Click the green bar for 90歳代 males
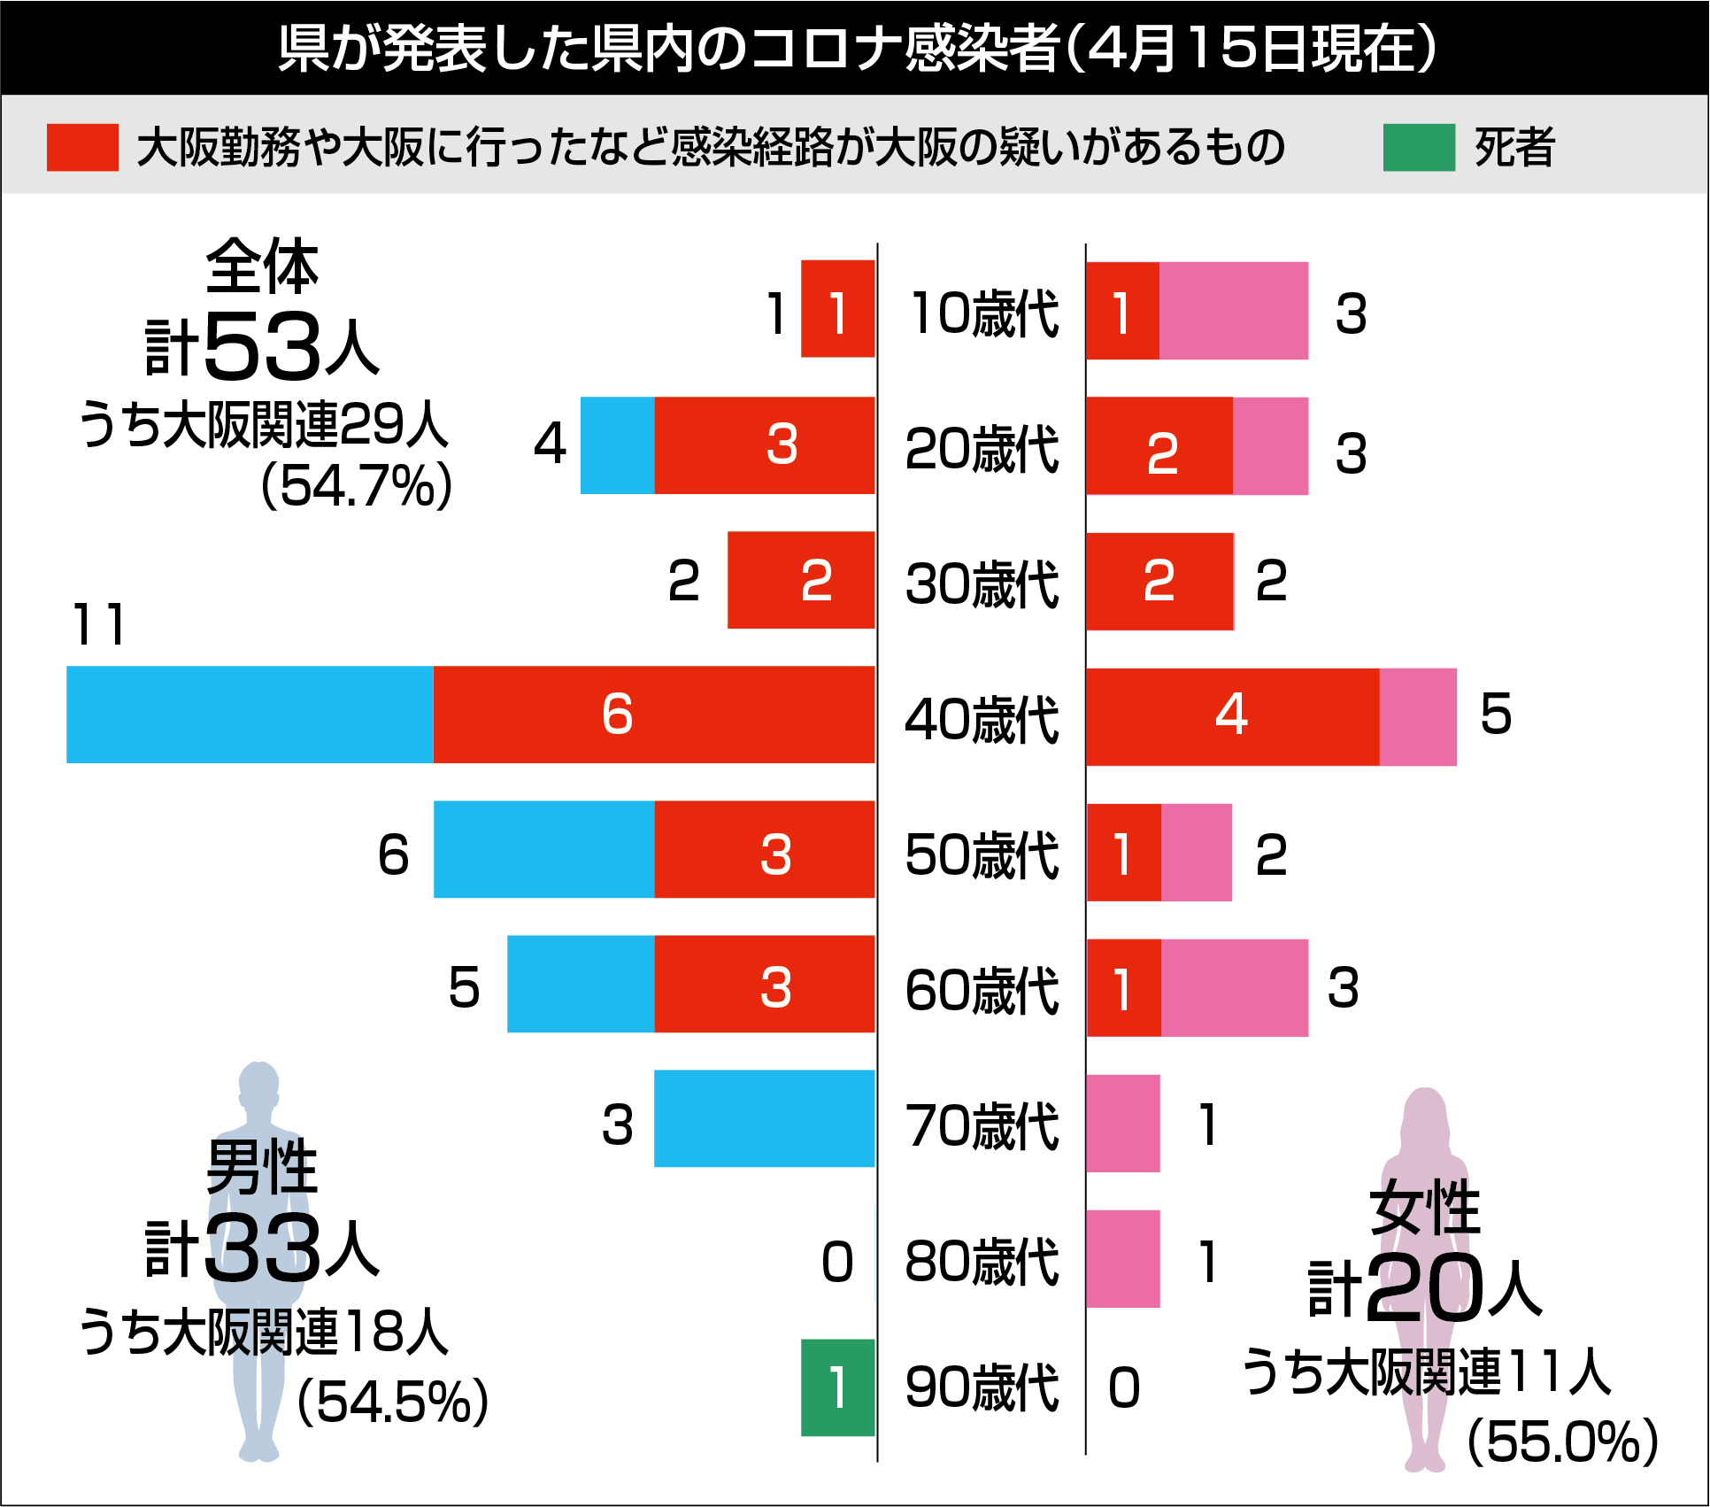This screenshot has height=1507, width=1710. (837, 1387)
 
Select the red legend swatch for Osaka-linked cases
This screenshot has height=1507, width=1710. (82, 147)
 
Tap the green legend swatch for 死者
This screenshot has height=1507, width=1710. (1419, 147)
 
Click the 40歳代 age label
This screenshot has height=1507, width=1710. (982, 719)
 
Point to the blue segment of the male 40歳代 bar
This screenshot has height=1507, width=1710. (250, 715)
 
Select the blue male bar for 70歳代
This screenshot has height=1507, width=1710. (764, 1118)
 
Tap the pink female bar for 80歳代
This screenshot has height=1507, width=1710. (1122, 1258)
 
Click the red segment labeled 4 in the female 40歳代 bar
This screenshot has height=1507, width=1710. (1232, 716)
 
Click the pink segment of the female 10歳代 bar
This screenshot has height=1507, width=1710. (1233, 311)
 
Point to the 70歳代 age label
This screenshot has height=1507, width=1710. (982, 1126)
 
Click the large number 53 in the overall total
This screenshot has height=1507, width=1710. (262, 346)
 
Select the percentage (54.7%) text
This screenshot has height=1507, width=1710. (357, 486)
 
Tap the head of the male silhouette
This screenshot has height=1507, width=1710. (259, 1083)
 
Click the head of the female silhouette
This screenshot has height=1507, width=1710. (1425, 1110)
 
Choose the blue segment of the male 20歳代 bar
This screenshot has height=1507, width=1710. (617, 445)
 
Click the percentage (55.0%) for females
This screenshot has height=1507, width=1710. (1562, 1442)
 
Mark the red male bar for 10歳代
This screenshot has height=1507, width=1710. (837, 309)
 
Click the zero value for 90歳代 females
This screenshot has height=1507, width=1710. (1124, 1387)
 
